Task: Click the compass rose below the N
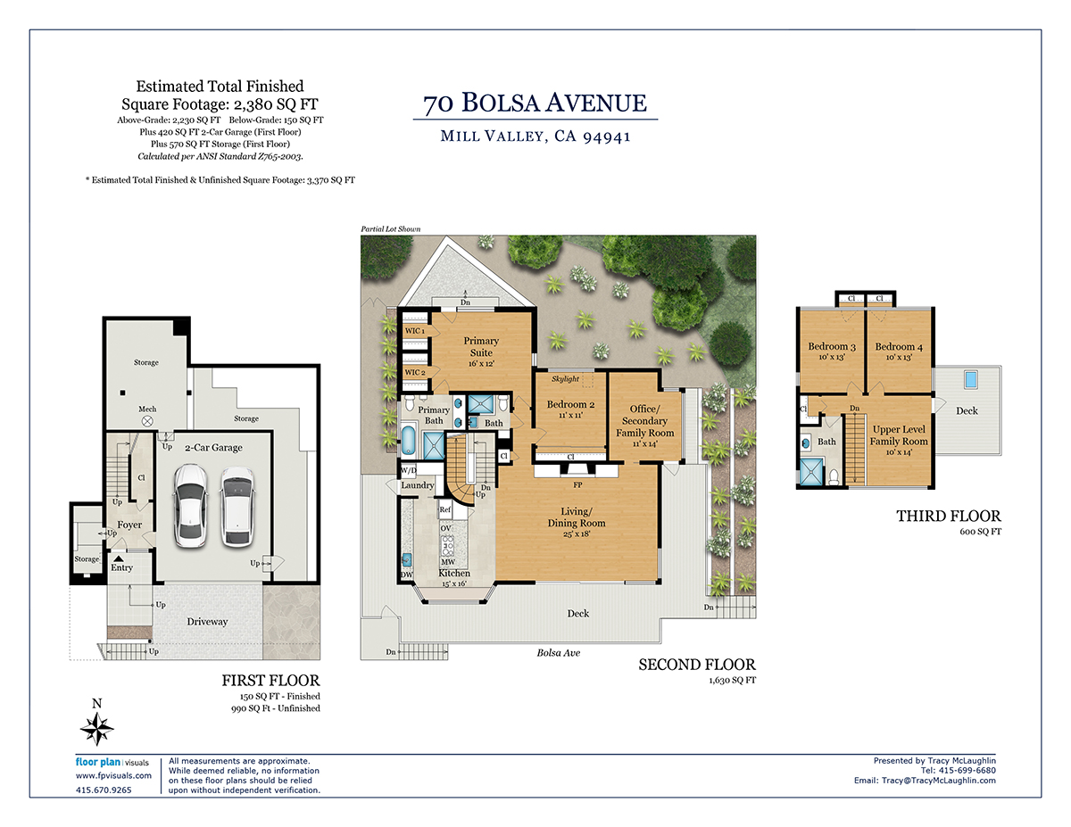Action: click(97, 729)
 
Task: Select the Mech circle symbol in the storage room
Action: click(147, 421)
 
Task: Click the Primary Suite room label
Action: click(481, 347)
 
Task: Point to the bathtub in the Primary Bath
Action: click(408, 440)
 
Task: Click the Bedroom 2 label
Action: click(570, 404)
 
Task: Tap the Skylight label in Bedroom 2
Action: click(565, 379)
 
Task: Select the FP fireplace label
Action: click(577, 485)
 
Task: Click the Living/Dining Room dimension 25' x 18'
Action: click(577, 533)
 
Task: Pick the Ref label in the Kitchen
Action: click(445, 509)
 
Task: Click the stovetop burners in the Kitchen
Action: click(447, 546)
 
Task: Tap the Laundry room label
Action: click(418, 485)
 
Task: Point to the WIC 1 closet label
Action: click(414, 331)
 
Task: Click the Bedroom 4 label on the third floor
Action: click(899, 347)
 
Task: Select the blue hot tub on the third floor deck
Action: click(971, 379)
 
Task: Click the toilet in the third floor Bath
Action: click(834, 476)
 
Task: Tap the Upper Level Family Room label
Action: click(899, 435)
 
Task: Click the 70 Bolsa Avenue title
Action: click(535, 103)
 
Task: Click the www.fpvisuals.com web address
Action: click(113, 776)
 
